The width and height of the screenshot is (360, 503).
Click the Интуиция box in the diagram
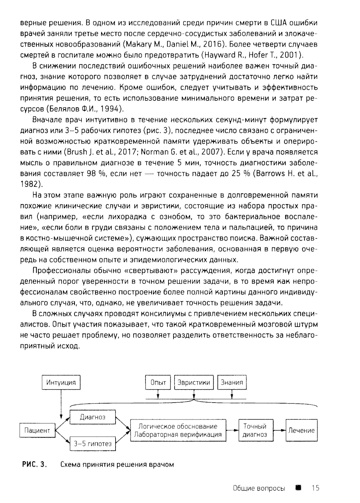pyautogui.click(x=61, y=382)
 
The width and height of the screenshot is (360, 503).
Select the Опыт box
pyautogui.click(x=158, y=382)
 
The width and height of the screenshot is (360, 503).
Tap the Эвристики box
pyautogui.click(x=194, y=382)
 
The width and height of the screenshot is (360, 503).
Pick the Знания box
pyautogui.click(x=232, y=382)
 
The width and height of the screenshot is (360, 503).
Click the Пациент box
pyautogui.click(x=37, y=430)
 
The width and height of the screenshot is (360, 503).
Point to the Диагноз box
pyautogui.click(x=93, y=417)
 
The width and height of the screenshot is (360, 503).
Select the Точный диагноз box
pyautogui.click(x=255, y=430)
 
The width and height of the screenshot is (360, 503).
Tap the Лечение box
pyautogui.click(x=301, y=430)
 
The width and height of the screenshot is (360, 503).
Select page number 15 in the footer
pyautogui.click(x=316, y=488)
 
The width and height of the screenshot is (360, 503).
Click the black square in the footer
pyautogui.click(x=298, y=488)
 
